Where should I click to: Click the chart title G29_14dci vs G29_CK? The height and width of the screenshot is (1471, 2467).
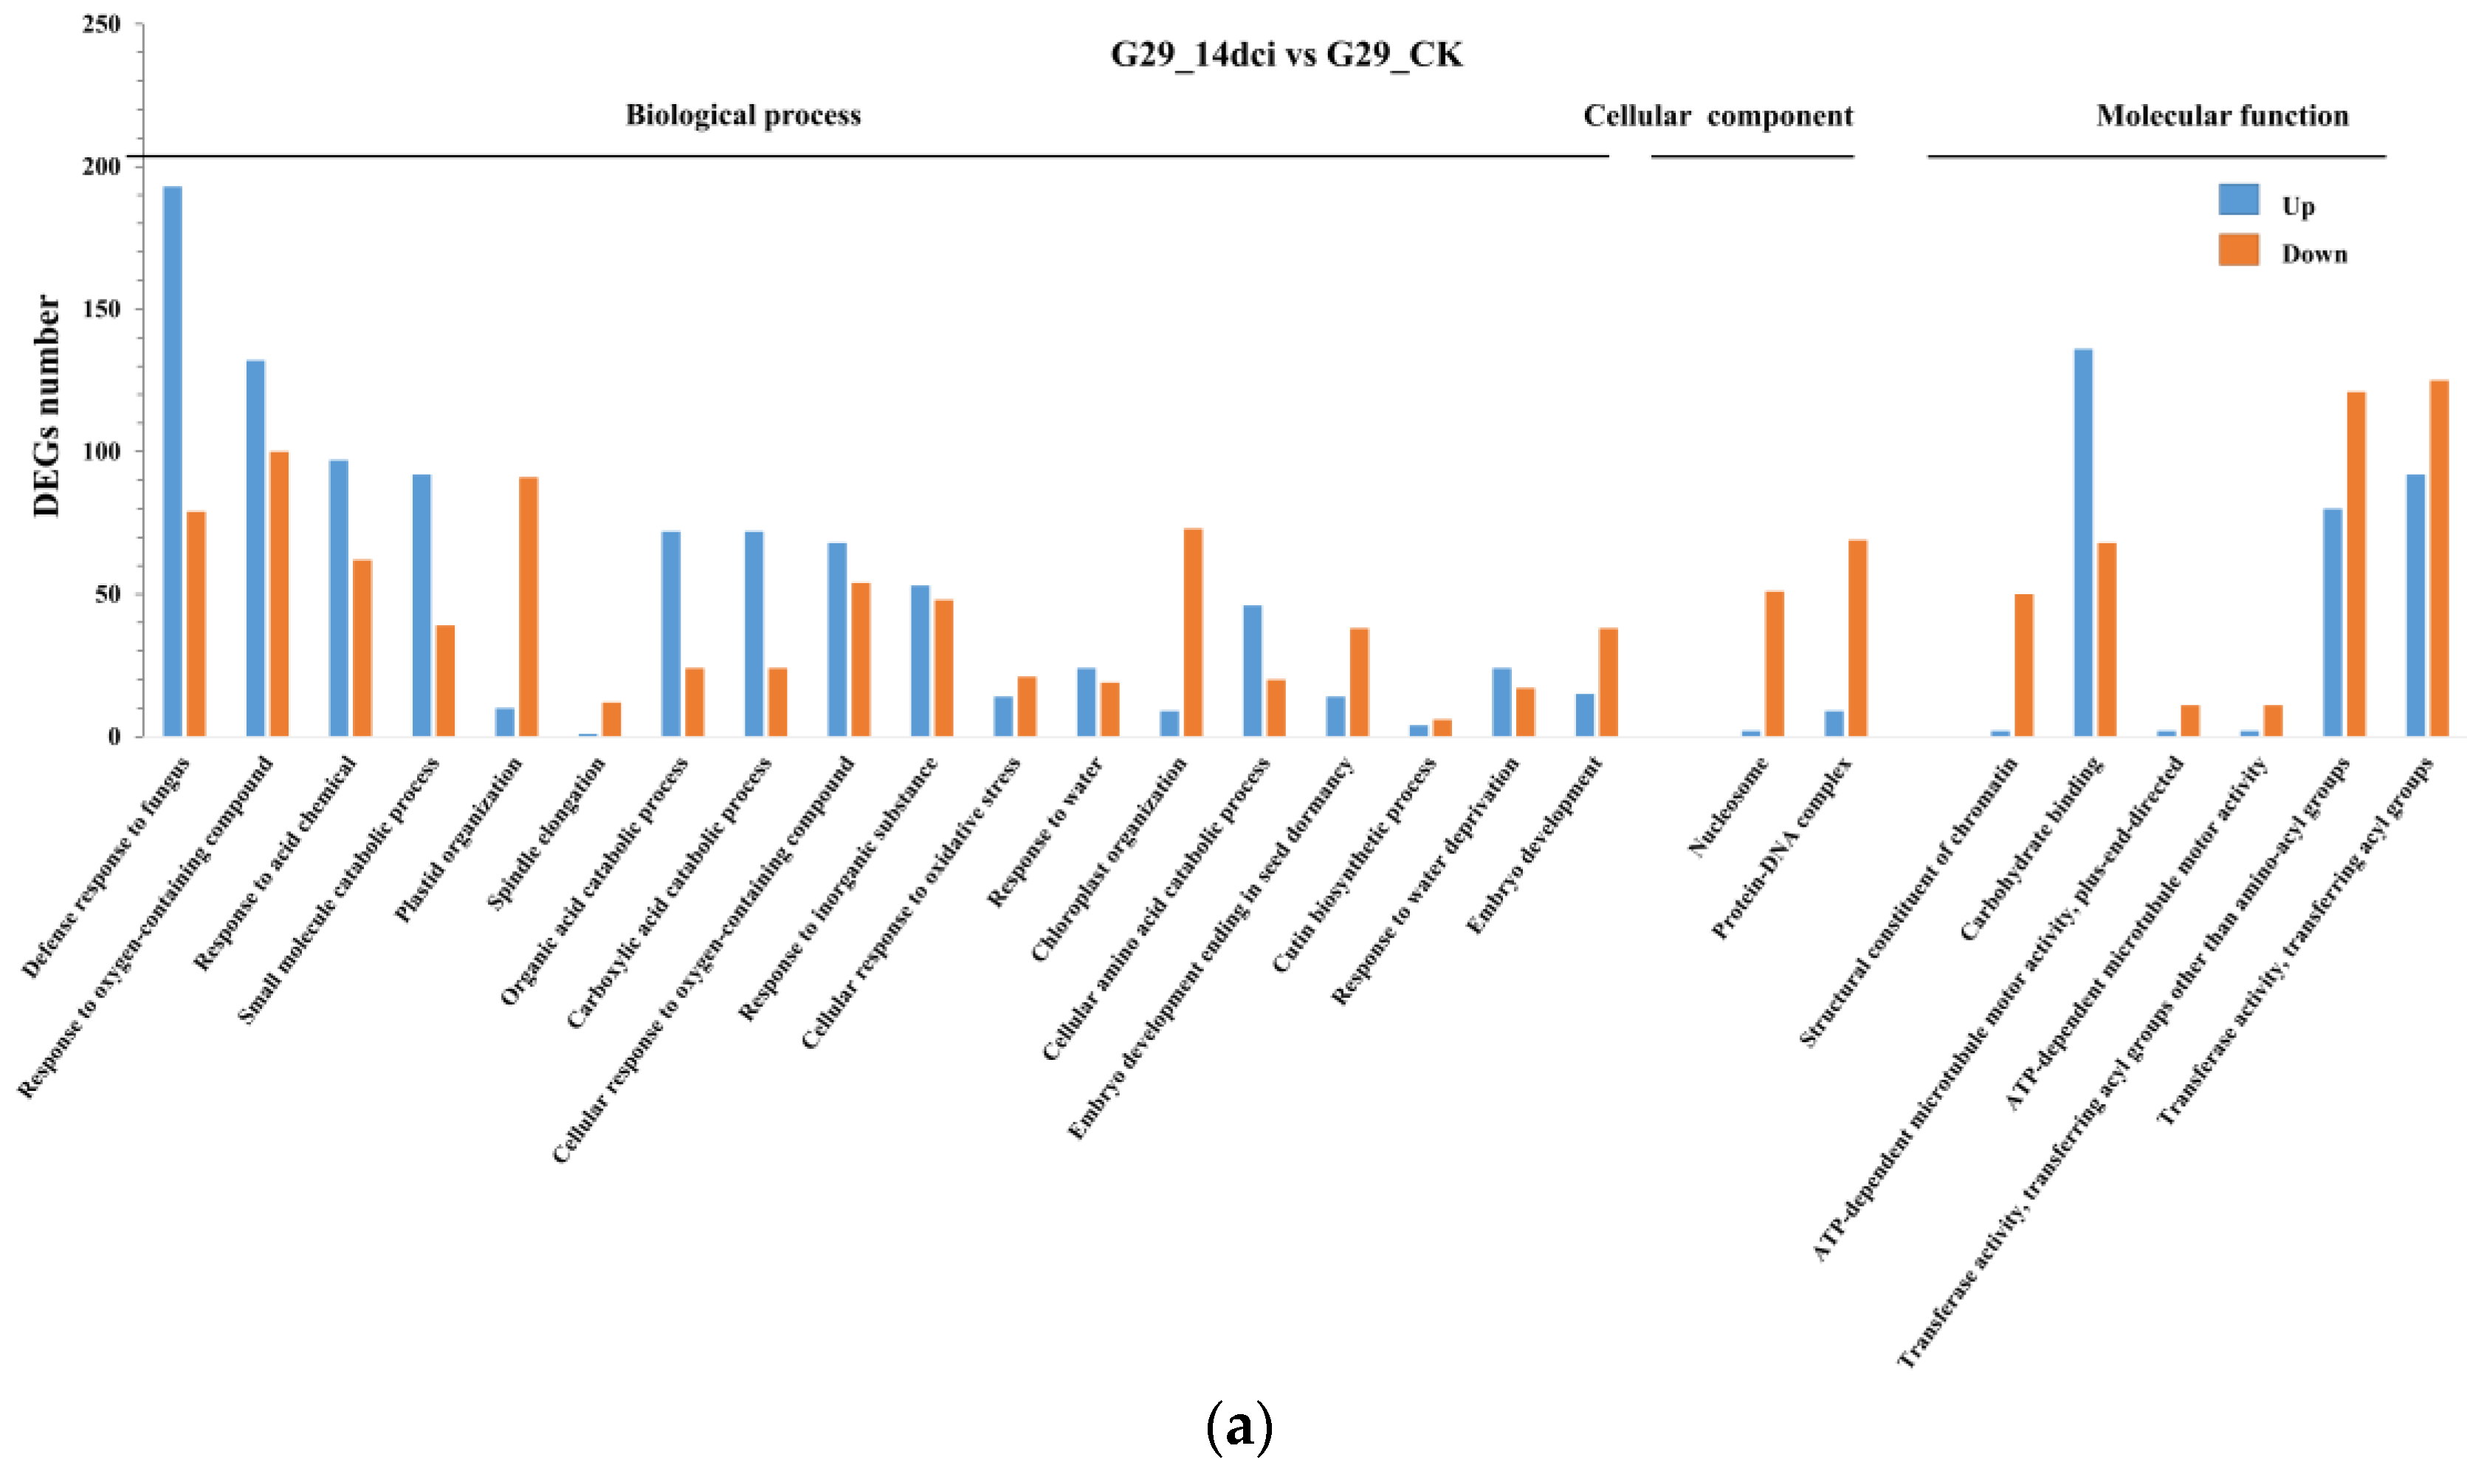(x=1285, y=55)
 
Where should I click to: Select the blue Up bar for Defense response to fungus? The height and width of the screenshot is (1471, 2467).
(x=173, y=461)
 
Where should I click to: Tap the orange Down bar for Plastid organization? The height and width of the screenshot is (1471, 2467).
(x=529, y=607)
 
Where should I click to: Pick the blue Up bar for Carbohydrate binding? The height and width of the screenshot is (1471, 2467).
(x=2083, y=542)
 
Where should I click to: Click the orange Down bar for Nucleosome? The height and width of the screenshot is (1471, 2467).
(x=1774, y=664)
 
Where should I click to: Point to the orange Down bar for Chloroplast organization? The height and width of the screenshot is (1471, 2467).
(x=1194, y=633)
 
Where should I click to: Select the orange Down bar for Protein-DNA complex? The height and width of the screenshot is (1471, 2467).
(x=1857, y=638)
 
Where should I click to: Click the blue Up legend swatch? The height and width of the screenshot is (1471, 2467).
(x=2238, y=199)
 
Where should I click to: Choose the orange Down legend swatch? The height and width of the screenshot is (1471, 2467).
(x=2238, y=249)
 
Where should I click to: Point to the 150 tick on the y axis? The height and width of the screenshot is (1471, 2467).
(x=101, y=309)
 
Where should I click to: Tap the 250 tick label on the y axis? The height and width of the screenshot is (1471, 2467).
(x=101, y=24)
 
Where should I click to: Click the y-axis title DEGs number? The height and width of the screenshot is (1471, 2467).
(x=47, y=407)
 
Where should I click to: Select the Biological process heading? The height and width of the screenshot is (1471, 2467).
(x=743, y=115)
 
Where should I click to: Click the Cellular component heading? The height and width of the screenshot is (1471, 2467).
(x=1718, y=116)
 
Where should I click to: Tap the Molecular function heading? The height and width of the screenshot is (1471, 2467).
(x=2222, y=116)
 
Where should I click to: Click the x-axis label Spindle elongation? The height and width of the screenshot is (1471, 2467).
(x=547, y=833)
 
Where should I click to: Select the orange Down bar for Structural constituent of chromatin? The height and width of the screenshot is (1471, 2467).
(x=2024, y=665)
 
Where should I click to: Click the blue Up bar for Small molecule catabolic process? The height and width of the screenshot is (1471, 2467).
(x=422, y=606)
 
